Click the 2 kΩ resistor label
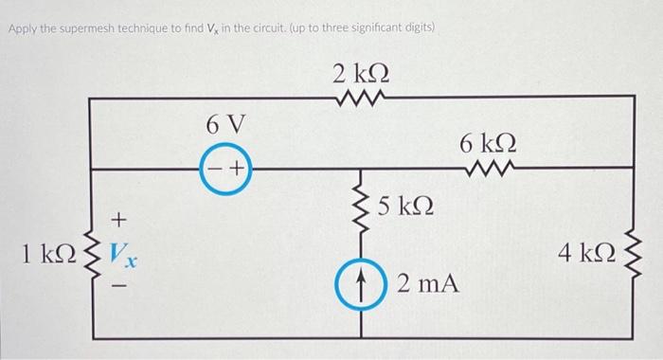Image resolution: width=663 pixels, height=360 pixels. tap(362, 72)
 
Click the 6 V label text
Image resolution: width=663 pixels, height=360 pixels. tap(224, 124)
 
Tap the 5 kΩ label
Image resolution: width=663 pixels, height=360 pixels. tap(406, 206)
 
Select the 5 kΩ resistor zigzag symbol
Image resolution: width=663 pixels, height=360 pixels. tap(361, 206)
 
